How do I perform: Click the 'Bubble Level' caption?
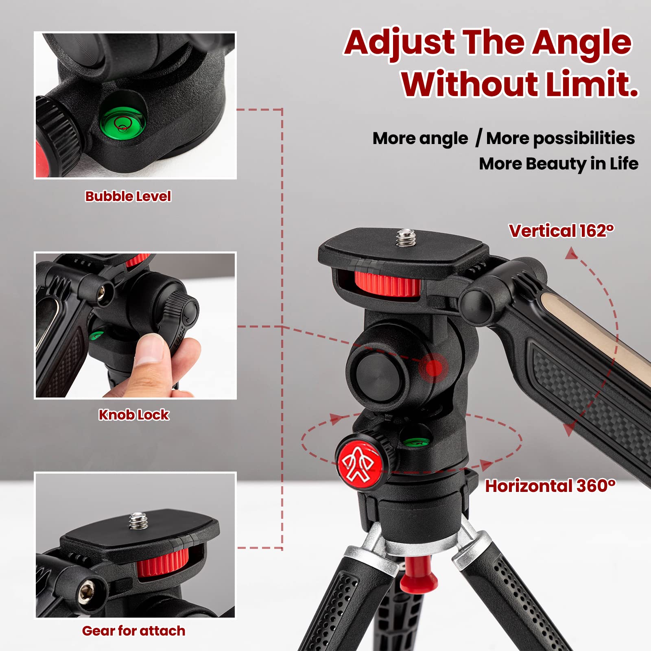pyautogui.click(x=128, y=196)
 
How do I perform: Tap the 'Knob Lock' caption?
pyautogui.click(x=133, y=415)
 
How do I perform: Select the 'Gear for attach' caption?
pyautogui.click(x=133, y=631)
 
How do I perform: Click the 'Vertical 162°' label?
pyautogui.click(x=561, y=231)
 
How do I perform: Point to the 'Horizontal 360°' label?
pyautogui.click(x=550, y=486)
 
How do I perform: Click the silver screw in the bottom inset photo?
pyautogui.click(x=138, y=521)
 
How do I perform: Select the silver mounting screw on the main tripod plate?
pyautogui.click(x=404, y=238)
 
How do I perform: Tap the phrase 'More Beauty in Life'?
pyautogui.click(x=558, y=164)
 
